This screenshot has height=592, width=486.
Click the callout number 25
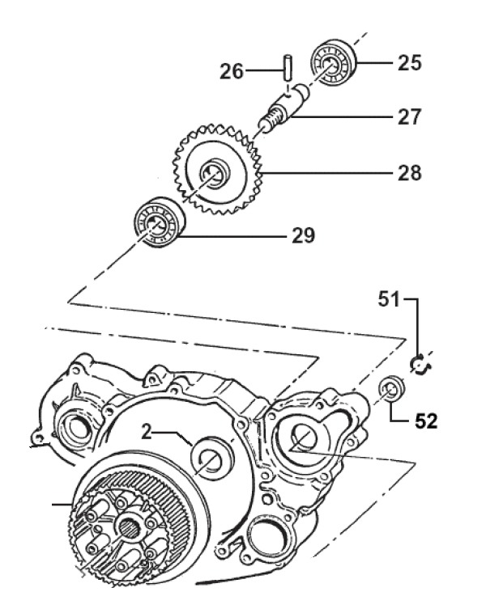(409, 62)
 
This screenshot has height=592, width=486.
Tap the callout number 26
(232, 71)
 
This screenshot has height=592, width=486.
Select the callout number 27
(409, 116)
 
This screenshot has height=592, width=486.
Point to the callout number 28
(409, 173)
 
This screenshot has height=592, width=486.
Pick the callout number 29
(303, 235)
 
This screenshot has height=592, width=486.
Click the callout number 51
(389, 299)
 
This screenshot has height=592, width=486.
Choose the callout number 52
(426, 421)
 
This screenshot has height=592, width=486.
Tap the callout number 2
(147, 432)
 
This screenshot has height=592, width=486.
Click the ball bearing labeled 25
(334, 63)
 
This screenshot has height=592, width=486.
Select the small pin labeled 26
(288, 68)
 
